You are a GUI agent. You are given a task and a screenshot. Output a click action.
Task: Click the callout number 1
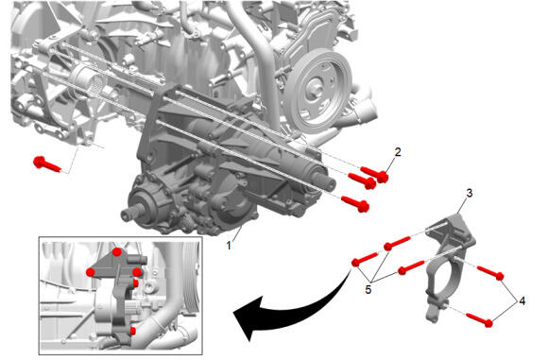click(229, 246)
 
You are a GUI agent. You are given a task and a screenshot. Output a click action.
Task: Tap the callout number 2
click(398, 152)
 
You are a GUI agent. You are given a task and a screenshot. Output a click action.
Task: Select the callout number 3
click(469, 193)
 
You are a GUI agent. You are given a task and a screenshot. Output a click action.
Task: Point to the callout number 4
click(522, 300)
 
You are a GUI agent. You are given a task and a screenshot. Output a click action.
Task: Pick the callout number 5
click(368, 289)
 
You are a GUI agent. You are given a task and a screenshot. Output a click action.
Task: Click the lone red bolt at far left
click(47, 164)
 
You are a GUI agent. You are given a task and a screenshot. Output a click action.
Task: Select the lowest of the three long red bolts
click(355, 204)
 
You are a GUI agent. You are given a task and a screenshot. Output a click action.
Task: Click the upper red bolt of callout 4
click(490, 273)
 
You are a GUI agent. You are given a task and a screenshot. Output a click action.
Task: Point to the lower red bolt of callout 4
click(480, 320)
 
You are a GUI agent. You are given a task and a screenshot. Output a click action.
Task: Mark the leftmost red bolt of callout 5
click(365, 259)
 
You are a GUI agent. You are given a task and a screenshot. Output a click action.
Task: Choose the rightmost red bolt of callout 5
click(411, 267)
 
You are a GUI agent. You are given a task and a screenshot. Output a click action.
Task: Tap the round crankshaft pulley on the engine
click(317, 90)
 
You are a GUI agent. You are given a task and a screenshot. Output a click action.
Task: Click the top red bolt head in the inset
click(117, 251)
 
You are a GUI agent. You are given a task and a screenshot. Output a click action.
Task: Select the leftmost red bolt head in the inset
click(91, 272)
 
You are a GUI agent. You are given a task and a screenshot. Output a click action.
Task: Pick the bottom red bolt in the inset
click(133, 331)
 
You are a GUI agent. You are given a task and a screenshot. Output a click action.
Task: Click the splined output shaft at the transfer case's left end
click(131, 214)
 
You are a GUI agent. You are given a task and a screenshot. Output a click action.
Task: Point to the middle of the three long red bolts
click(362, 180)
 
